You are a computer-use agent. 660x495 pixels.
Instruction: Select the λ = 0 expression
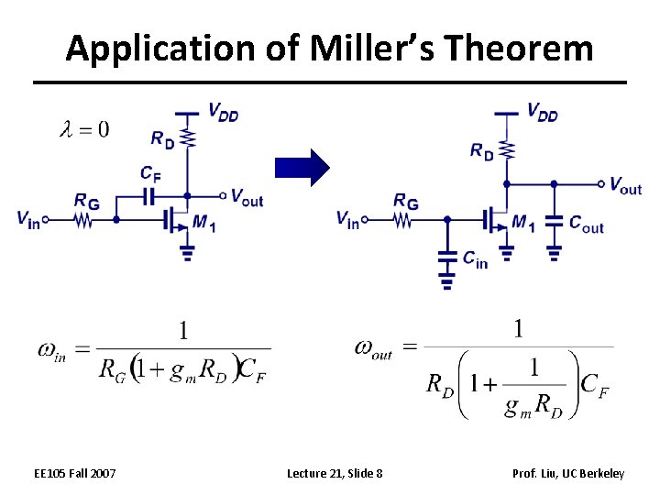(x=83, y=129)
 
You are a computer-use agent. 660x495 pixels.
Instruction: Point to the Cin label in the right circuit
(x=475, y=260)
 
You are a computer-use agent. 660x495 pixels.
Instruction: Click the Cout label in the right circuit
(x=586, y=223)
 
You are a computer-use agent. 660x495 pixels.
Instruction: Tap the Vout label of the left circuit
(x=247, y=196)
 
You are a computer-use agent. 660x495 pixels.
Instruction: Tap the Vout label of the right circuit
(x=625, y=186)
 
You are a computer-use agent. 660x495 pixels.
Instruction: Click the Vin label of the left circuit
(x=28, y=219)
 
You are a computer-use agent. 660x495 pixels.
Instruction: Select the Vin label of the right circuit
(x=347, y=220)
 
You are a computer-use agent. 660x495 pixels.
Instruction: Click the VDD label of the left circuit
(x=223, y=114)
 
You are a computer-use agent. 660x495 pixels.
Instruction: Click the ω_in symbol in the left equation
(x=51, y=348)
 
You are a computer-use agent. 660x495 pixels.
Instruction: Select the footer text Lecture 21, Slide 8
(x=335, y=473)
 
